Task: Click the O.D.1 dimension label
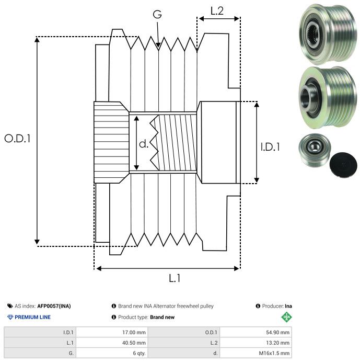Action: [18, 139]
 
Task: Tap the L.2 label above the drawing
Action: [217, 10]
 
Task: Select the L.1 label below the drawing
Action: [175, 278]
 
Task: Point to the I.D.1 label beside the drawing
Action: [270, 147]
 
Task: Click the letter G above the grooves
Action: [157, 15]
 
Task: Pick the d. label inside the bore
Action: [144, 144]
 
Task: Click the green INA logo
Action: [286, 317]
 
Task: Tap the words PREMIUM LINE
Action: [33, 317]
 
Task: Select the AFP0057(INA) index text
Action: [54, 306]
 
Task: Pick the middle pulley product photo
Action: [325, 98]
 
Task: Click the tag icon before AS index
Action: [10, 306]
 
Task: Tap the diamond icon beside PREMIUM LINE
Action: [10, 317]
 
